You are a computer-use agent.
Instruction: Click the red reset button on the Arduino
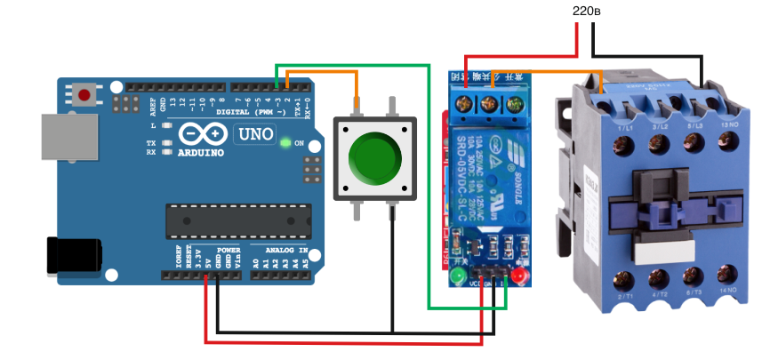tap(85, 93)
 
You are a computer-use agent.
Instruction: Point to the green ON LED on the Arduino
tap(285, 142)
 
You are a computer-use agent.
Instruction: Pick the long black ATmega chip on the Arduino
tap(239, 219)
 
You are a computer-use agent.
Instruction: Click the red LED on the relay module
tap(518, 280)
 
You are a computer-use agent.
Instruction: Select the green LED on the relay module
tap(459, 279)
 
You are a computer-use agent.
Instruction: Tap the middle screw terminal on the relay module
tap(488, 106)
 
